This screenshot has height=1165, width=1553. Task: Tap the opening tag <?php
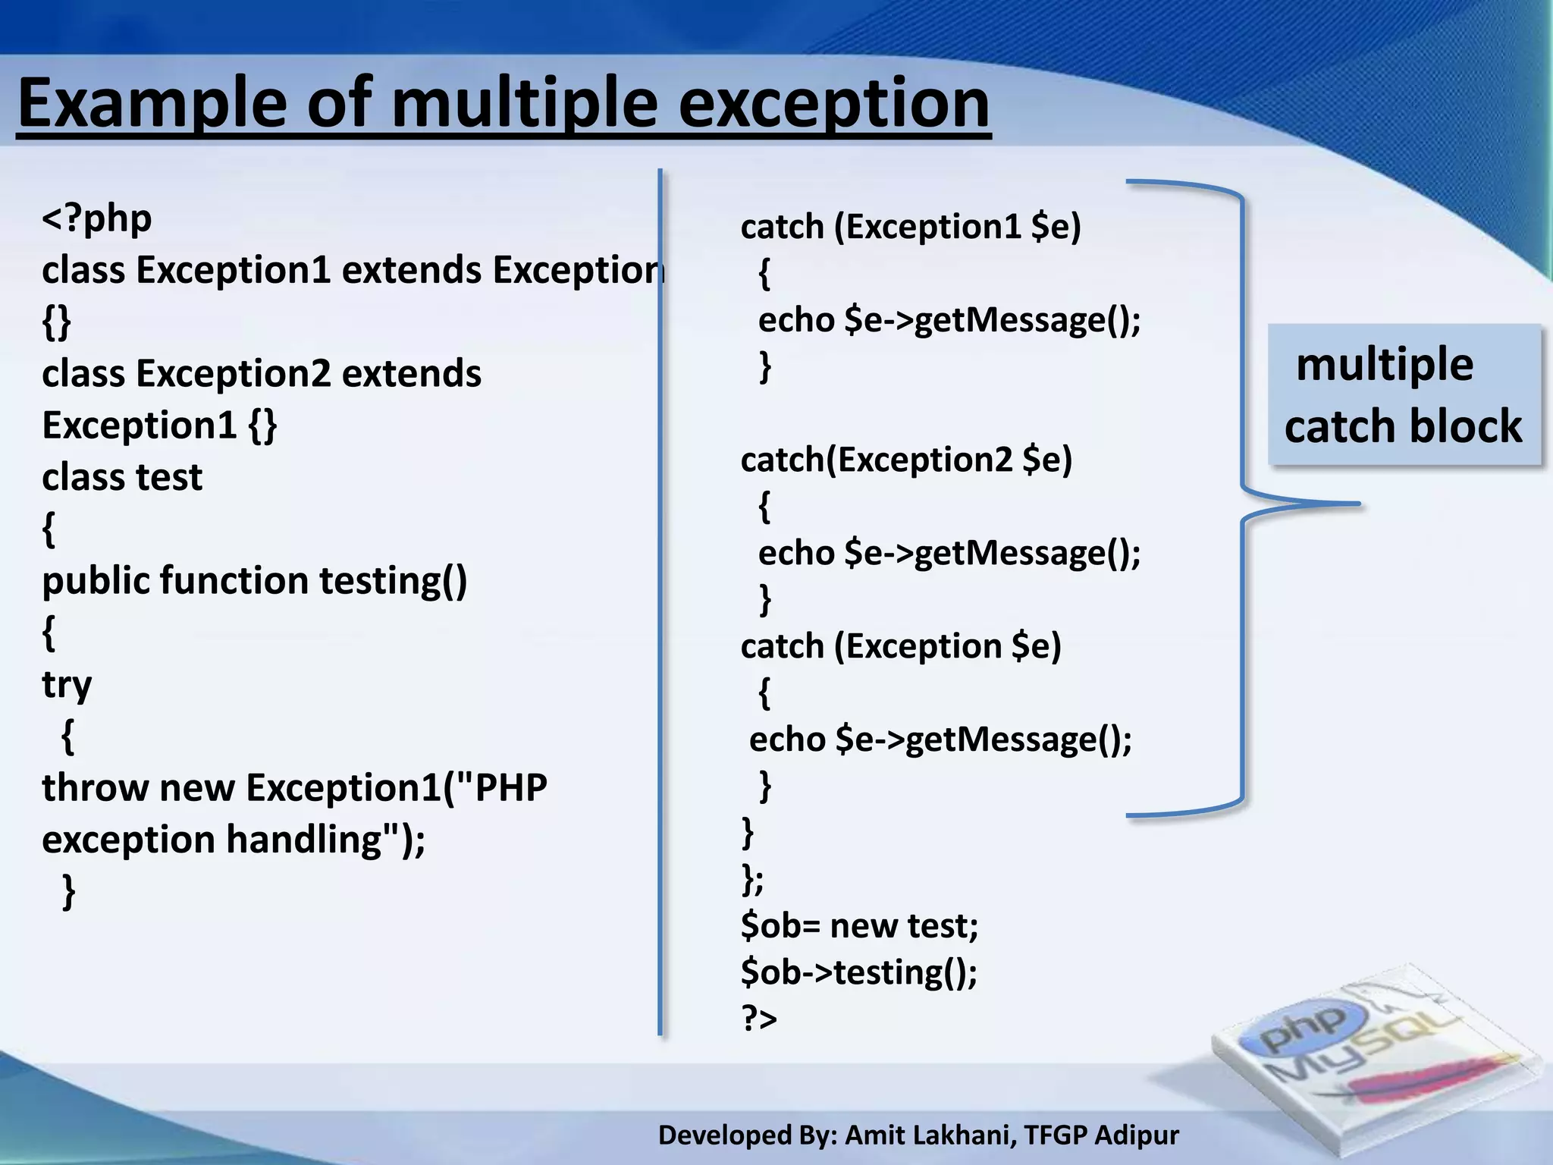coord(96,218)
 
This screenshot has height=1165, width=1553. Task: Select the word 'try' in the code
coord(67,685)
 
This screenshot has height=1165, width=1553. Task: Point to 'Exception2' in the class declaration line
coord(234,374)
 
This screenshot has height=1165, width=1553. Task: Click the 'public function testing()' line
coord(254,581)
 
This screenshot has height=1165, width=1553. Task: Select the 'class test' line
coord(122,478)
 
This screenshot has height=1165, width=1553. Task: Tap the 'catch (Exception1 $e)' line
coord(910,227)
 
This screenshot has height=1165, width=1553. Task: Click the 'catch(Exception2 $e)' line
coord(906,460)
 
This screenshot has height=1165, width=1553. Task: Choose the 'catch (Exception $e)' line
coord(900,646)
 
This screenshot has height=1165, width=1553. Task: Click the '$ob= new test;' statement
coord(859,926)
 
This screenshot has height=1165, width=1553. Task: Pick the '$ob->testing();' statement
coord(859,972)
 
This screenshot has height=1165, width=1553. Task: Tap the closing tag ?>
coord(759,1019)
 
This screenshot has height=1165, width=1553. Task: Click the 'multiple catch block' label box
coord(1404,395)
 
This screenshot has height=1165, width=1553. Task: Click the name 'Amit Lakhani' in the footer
coord(930,1135)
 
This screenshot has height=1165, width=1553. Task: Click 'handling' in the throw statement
coord(303,840)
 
